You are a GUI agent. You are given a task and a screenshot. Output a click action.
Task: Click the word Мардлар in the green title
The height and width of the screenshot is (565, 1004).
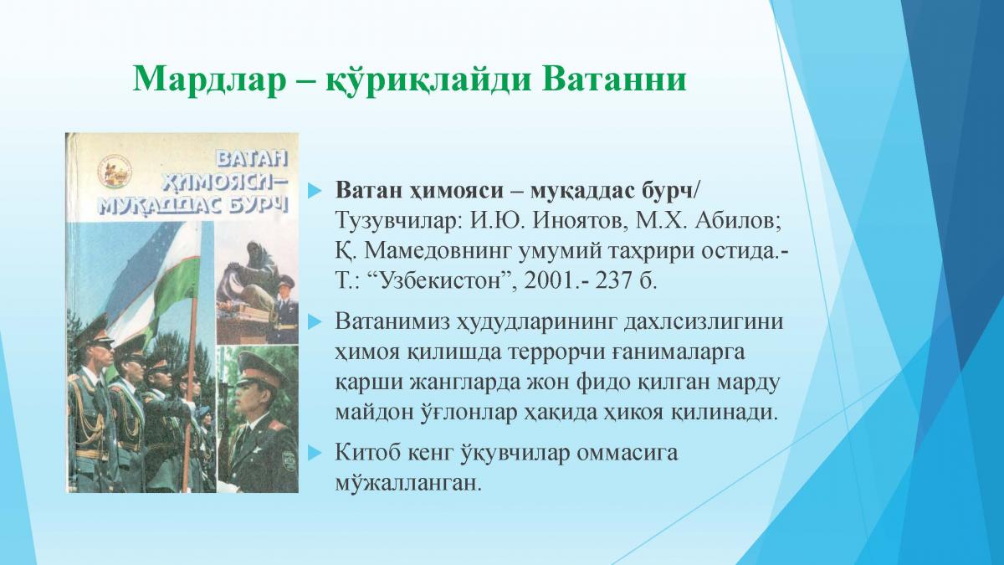tap(210, 80)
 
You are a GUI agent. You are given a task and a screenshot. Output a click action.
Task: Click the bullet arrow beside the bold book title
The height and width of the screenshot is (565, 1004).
tap(315, 192)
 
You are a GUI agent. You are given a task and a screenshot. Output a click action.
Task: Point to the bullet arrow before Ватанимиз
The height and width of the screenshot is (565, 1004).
tap(315, 322)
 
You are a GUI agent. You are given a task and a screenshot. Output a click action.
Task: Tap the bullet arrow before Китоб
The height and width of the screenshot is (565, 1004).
tap(315, 453)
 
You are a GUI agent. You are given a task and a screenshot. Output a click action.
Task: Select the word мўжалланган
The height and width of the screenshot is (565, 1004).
tap(408, 484)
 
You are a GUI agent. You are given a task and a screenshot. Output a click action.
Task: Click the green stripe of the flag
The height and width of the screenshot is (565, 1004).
tap(172, 287)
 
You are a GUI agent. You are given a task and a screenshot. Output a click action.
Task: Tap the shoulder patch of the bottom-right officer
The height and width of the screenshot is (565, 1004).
tap(286, 459)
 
